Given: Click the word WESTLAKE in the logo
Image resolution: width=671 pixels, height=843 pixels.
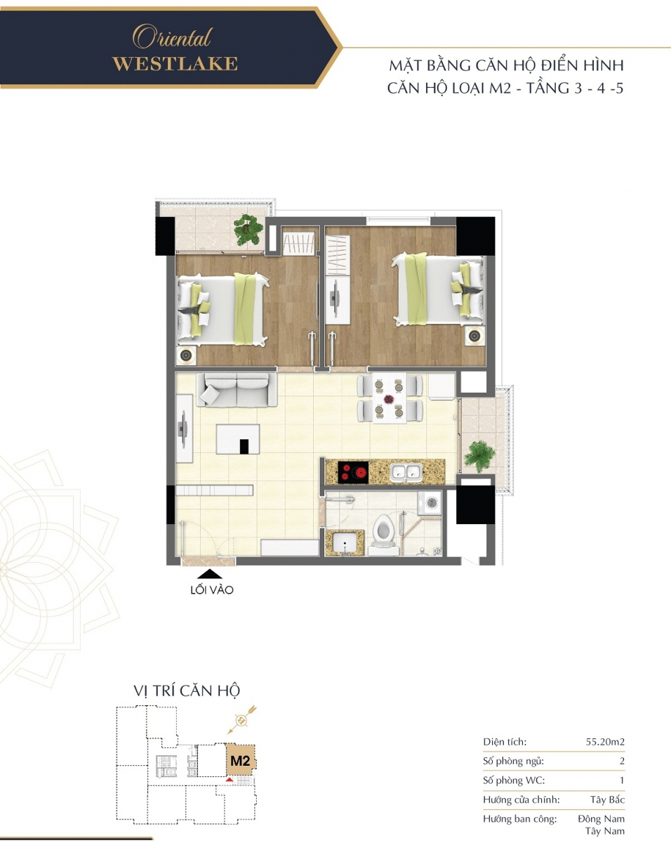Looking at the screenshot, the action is pos(175,64).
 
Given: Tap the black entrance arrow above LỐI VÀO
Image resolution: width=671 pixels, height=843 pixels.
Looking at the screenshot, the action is pos(209,574).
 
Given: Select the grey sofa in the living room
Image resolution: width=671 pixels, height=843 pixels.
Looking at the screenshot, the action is pos(237,389).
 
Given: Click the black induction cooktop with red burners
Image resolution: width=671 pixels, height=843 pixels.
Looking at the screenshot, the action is pos(353,471).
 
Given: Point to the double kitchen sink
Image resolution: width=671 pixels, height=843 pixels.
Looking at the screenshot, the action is pos(406,472).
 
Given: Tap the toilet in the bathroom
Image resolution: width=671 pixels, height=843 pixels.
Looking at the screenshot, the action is pos(384,535).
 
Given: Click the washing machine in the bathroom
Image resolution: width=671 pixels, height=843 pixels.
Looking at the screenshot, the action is pos(430,504).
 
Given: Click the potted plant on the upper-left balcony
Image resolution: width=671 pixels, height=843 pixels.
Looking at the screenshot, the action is pos(248,230).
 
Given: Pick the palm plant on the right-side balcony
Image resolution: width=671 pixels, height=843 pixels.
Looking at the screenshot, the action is pos(479,456).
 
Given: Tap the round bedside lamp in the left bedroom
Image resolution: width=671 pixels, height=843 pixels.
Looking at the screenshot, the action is pos(186,355).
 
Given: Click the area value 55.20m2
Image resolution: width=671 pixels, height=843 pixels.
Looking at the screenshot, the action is pos(605,742).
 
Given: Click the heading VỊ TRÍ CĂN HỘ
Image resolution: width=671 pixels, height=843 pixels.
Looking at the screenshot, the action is pos(187,691).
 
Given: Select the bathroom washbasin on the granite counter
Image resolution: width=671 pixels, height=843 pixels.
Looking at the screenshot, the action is pos(345,542).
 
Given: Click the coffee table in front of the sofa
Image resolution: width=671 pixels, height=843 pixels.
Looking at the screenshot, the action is pos(238,439).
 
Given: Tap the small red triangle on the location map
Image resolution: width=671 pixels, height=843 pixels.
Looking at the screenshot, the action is pos(230,780).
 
